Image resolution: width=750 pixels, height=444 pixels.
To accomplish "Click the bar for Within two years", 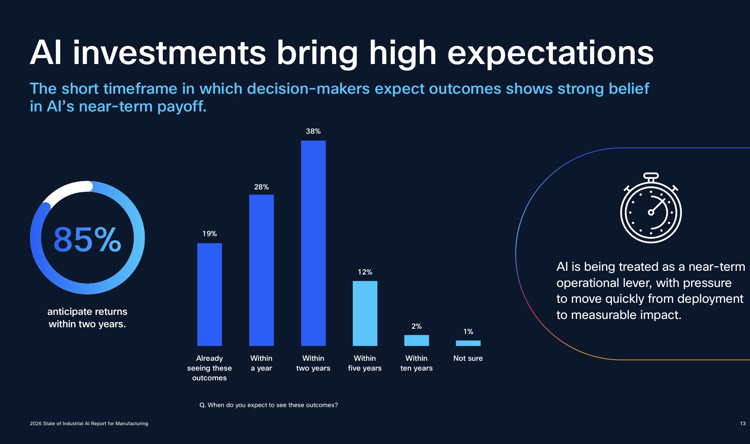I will click(313, 243).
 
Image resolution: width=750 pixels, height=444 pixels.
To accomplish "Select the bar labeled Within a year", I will click(261, 270).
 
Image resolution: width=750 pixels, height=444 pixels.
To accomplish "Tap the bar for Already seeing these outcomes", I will click(210, 294).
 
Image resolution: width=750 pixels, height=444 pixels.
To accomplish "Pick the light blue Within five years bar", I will click(365, 313).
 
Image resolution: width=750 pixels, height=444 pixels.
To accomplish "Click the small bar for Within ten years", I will click(416, 340).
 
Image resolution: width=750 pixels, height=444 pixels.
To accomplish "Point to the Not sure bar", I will click(468, 343).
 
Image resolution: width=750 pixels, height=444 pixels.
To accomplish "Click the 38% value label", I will click(313, 131).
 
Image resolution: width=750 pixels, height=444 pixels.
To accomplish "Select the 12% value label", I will click(365, 272).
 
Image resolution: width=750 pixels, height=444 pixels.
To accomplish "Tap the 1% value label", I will click(468, 331).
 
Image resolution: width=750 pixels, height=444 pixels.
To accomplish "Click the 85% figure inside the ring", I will click(87, 240).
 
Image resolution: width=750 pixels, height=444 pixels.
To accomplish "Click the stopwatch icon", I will click(651, 209).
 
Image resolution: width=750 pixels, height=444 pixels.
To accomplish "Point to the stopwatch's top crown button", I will click(651, 176).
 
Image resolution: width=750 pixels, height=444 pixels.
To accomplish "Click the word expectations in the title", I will click(550, 53).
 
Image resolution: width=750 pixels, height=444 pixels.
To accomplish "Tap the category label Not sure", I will click(468, 358).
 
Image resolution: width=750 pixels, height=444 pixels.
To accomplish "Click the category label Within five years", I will click(365, 363).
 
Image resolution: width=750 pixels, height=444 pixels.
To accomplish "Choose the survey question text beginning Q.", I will click(268, 405).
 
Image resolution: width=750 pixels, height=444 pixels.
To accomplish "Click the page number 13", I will click(742, 423).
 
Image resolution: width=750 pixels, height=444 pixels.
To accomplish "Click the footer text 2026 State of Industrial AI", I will click(89, 423).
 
